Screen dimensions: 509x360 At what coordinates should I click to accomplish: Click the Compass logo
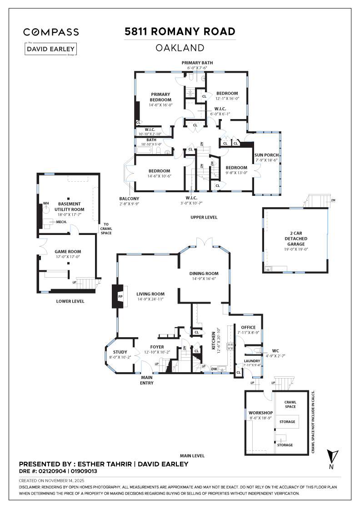51,32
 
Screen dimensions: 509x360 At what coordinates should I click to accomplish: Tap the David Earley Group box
51,49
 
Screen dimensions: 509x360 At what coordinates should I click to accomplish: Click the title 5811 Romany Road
180,31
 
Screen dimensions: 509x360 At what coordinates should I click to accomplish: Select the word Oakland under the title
180,47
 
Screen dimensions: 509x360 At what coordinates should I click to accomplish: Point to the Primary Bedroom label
161,97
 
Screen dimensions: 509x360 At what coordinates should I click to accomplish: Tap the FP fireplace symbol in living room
120,296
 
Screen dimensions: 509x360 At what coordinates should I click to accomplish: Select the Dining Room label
204,274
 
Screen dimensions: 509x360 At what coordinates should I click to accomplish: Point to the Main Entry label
146,380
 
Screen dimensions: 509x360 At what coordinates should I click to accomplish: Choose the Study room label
120,352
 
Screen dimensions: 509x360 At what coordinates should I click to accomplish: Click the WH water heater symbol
45,204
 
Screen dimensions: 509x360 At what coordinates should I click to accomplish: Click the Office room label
248,327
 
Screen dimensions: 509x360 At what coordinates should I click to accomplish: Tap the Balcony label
129,199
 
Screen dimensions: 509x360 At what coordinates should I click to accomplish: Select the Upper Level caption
204,217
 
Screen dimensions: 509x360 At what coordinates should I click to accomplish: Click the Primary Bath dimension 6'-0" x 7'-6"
197,68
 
